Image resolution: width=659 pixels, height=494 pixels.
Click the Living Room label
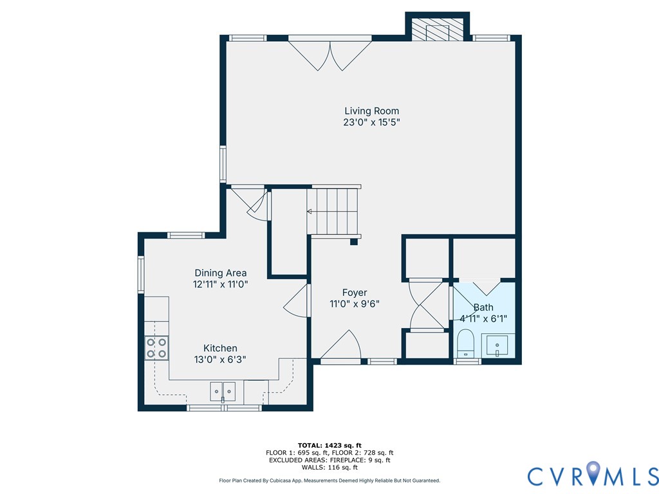click(x=371, y=111)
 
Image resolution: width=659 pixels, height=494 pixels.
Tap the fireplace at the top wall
click(x=438, y=28)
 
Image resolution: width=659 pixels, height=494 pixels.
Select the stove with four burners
click(x=156, y=348)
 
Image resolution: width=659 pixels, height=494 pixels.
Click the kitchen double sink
click(x=223, y=390)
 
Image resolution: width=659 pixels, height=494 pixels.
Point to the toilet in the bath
click(x=465, y=343)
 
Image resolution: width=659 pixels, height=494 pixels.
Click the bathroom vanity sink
click(x=497, y=345)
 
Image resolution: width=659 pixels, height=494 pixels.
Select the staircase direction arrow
click(x=310, y=211)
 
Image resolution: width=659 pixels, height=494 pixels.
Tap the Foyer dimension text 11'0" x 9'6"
click(x=351, y=304)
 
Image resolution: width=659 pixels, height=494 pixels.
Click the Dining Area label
click(x=220, y=273)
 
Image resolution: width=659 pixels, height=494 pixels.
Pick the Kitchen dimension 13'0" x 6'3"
click(x=220, y=360)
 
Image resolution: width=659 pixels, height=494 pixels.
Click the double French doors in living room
click(x=329, y=54)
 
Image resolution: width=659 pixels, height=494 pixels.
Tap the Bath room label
click(x=483, y=307)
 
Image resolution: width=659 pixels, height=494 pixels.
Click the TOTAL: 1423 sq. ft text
click(x=329, y=445)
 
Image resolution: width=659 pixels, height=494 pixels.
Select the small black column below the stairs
click(x=353, y=242)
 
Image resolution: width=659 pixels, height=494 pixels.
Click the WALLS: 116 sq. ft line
click(x=329, y=468)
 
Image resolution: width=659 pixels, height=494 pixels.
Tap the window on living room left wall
click(x=223, y=163)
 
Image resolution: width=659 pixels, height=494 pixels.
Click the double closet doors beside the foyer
click(x=425, y=305)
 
